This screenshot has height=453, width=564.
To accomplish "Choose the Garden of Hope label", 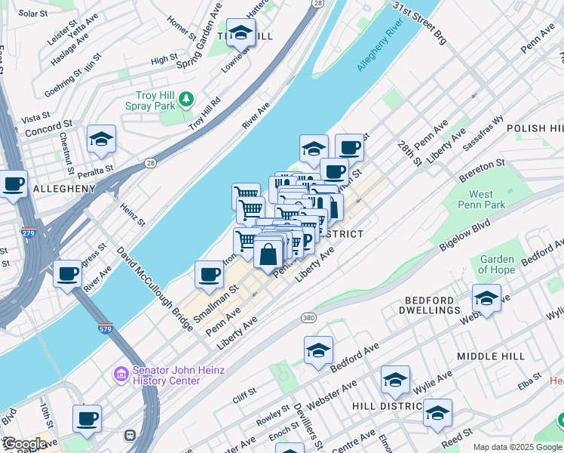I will [497, 265].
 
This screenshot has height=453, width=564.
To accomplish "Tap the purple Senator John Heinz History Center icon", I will [121, 374].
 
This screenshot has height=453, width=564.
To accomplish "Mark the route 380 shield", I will [308, 317].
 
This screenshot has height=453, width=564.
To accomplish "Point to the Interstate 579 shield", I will [106, 328].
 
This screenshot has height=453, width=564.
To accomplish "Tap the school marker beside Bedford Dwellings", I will [486, 299].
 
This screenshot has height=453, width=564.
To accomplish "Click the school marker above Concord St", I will [101, 140].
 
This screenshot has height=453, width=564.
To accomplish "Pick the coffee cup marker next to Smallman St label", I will [209, 276].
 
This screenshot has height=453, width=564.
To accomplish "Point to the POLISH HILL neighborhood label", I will [536, 128].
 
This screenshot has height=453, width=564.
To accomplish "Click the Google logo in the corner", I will [25, 443].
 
